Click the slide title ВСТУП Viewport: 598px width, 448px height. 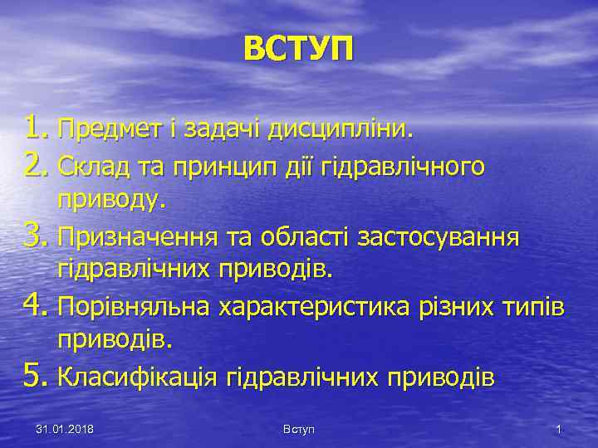298,48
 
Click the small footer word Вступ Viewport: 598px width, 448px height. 298,429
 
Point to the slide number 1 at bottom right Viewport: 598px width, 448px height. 559,429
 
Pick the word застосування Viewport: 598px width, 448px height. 438,239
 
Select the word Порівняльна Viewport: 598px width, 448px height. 135,309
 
